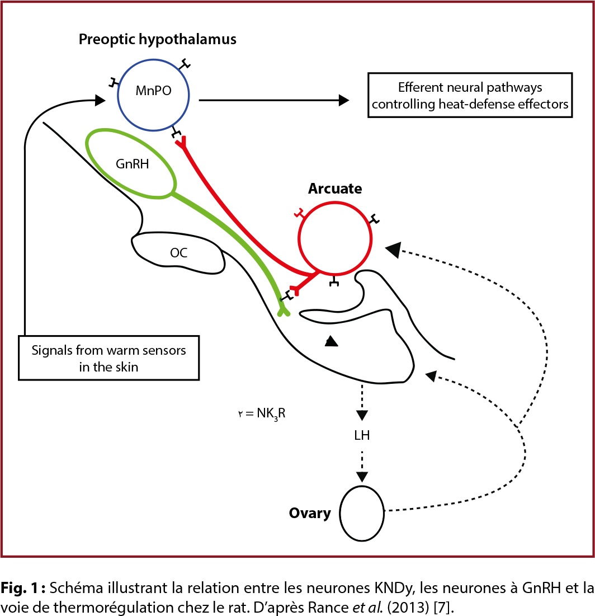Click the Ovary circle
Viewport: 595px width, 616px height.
click(x=362, y=513)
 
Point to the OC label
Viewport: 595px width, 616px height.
click(x=179, y=253)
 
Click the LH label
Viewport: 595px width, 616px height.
click(x=362, y=435)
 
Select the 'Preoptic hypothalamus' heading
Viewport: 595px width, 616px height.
click(x=157, y=40)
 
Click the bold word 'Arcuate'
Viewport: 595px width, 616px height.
click(x=335, y=189)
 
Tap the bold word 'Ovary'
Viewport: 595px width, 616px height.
click(x=310, y=513)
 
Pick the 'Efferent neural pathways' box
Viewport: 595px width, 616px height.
click(x=470, y=96)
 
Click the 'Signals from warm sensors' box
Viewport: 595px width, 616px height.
click(x=109, y=358)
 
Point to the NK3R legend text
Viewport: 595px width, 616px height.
click(x=262, y=415)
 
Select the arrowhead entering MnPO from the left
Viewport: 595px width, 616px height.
click(x=100, y=101)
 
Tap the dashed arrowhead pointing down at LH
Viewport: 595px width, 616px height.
click(x=362, y=415)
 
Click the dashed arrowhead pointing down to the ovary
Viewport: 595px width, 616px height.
click(x=362, y=476)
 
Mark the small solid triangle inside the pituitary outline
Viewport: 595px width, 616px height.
click(x=332, y=341)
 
